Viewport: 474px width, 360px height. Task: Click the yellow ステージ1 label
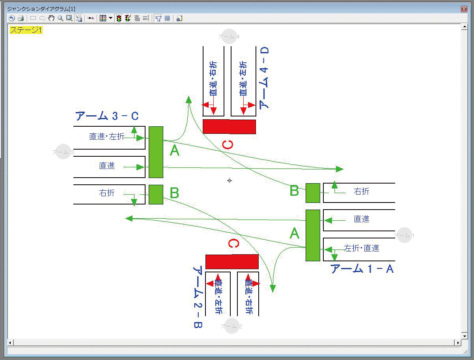(26, 30)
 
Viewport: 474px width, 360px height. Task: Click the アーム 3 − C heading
(106, 116)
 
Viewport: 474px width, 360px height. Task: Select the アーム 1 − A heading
(362, 269)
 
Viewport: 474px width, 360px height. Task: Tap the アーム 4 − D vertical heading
(264, 78)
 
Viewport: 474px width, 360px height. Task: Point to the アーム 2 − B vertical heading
(198, 297)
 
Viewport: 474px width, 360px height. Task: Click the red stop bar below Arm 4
(229, 127)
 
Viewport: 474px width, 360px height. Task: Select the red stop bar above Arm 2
(232, 262)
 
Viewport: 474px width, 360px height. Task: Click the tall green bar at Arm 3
(156, 152)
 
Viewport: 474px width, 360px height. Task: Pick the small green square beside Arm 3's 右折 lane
(156, 194)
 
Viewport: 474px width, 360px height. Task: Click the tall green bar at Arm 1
(313, 235)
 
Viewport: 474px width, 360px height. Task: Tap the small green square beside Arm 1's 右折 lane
(313, 193)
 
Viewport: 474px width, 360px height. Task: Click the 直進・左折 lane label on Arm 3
(106, 137)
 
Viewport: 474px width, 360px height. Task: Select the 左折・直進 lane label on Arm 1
(362, 248)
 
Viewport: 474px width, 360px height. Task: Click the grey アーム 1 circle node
(405, 235)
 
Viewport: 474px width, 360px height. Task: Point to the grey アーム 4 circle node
(229, 36)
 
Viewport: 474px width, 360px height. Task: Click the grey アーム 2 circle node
(231, 326)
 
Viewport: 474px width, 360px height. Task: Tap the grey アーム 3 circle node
(63, 152)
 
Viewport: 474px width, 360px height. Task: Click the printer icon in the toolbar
(21, 18)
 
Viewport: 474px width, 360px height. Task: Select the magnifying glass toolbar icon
(60, 18)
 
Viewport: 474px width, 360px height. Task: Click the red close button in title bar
(464, 8)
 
